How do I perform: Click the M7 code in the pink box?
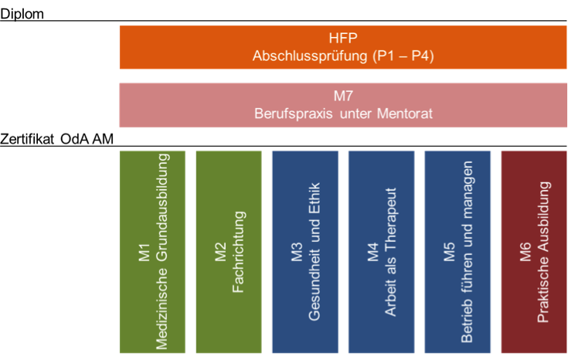[x=343, y=97]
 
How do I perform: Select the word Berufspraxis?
[x=291, y=114]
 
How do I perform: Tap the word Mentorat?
[x=402, y=114]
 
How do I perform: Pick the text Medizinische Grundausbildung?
[x=162, y=251]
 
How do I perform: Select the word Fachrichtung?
[x=237, y=252]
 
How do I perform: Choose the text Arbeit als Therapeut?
[x=390, y=252]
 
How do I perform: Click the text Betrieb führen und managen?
[x=467, y=252]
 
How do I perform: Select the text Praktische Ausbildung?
[x=543, y=252]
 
